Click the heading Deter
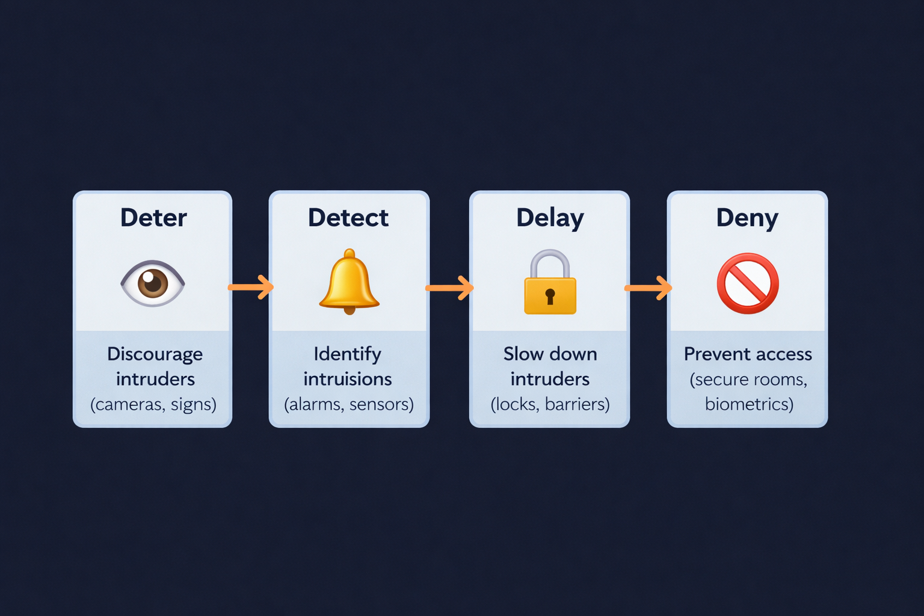153,218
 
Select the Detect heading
348,218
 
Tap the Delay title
550,218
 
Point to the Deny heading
747,218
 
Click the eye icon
153,283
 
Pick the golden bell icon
349,281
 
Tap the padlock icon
550,283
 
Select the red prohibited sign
748,283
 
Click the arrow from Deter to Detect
251,287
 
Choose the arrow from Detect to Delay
449,288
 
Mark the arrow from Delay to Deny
648,288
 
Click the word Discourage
155,354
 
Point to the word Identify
347,354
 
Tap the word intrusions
348,379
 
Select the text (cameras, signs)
153,404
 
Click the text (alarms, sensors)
349,404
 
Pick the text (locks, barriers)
550,404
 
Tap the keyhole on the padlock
550,296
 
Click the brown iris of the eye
153,283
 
